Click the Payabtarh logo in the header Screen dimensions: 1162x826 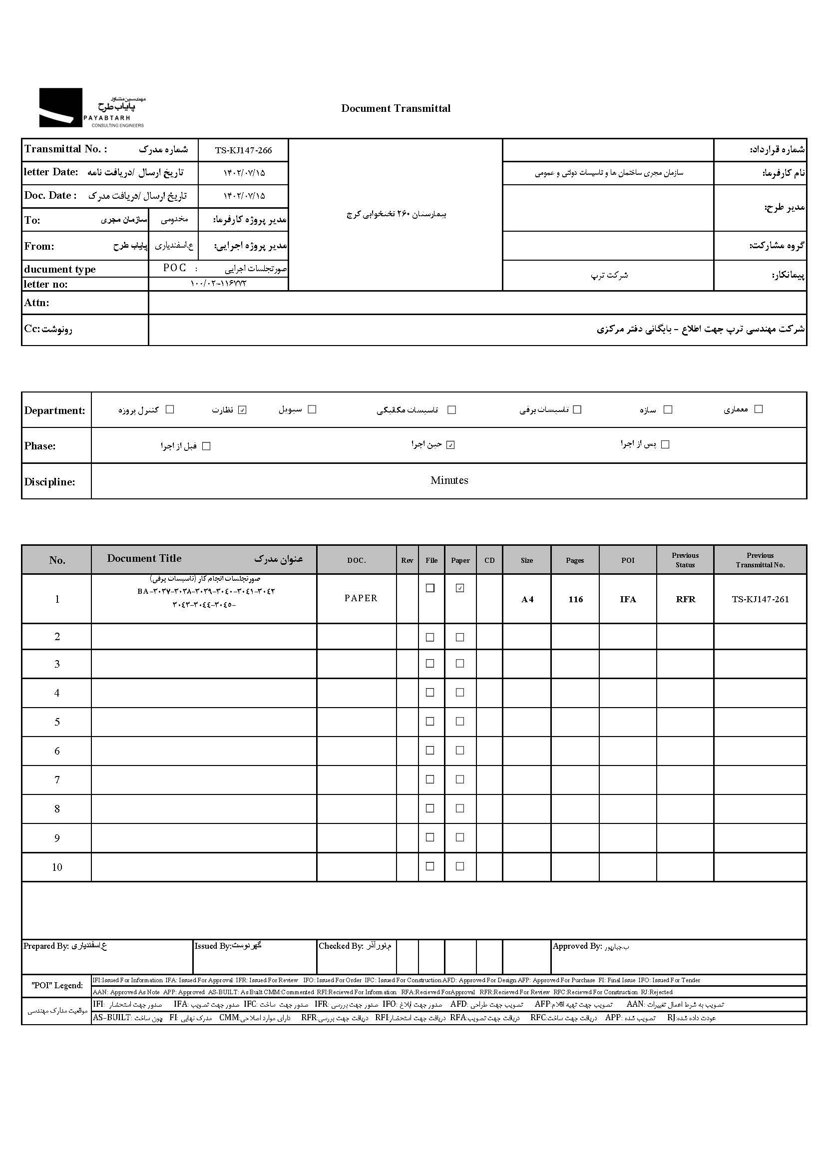click(91, 108)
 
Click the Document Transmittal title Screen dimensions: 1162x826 click(396, 108)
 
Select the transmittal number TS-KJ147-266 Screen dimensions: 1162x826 click(243, 150)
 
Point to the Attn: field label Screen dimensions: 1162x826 click(36, 303)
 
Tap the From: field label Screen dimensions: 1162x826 click(39, 246)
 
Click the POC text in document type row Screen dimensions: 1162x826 click(174, 268)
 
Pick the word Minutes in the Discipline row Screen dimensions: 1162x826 click(449, 480)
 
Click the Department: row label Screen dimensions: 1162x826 click(55, 410)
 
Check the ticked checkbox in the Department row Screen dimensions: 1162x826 click(243, 410)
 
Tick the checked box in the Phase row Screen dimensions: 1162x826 click(450, 445)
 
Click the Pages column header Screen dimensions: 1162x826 click(575, 560)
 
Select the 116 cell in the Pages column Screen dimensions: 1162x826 click(575, 600)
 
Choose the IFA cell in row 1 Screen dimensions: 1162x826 click(628, 600)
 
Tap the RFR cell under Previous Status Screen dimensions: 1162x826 click(685, 600)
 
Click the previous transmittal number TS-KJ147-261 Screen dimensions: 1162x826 click(760, 600)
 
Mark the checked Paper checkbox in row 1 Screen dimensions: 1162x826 click(460, 588)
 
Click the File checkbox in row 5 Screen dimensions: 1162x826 click(430, 721)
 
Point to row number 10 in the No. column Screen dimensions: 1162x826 click(57, 867)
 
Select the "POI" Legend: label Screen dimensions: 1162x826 click(57, 986)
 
